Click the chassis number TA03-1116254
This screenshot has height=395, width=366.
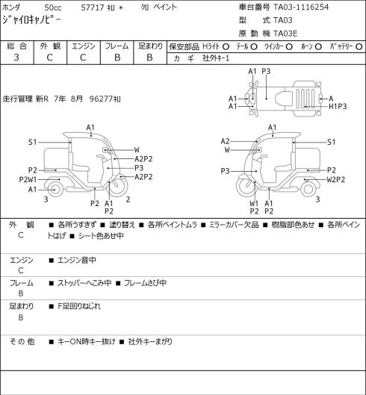(301, 7)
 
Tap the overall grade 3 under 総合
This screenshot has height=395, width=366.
(16, 57)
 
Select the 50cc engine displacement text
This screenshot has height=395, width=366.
(53, 7)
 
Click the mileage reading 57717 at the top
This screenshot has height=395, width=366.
(93, 7)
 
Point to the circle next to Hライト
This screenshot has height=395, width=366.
(226, 46)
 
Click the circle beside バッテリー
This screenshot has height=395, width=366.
(359, 46)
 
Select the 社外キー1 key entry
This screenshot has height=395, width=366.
(216, 58)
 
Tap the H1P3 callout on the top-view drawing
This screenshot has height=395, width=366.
(338, 107)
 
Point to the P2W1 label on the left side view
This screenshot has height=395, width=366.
(28, 180)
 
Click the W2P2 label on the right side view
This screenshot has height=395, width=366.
(336, 180)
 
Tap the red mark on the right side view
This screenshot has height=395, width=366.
(306, 180)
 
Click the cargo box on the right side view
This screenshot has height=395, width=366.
(308, 159)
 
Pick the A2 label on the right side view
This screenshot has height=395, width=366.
(225, 141)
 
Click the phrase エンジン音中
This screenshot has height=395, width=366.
(77, 260)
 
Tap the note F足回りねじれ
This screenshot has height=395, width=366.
(79, 306)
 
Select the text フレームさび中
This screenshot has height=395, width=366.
(145, 283)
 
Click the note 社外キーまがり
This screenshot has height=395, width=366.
(150, 341)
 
